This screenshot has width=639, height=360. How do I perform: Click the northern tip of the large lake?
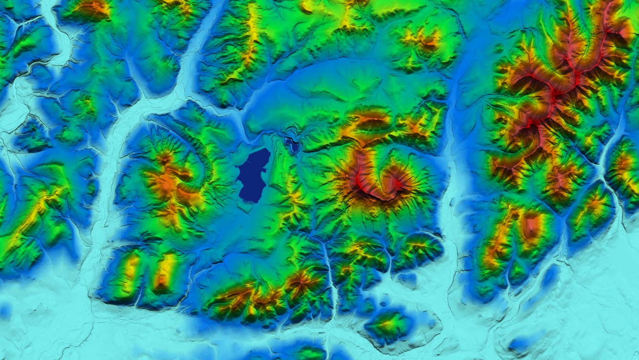click(x=263, y=151)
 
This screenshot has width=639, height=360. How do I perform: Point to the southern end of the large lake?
click(x=249, y=200)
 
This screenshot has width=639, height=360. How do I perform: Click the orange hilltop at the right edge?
click(x=625, y=165)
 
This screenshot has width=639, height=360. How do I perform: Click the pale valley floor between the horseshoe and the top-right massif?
click(x=452, y=191)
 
